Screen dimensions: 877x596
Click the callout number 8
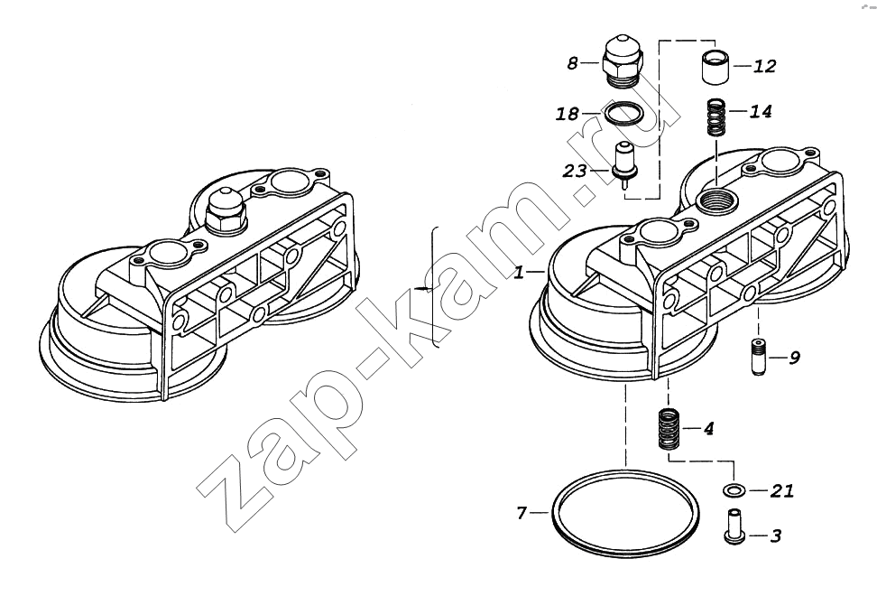(x=572, y=63)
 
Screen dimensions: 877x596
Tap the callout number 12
(x=764, y=66)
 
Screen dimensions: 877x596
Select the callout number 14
(x=761, y=111)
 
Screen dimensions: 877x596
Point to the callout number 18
(x=568, y=114)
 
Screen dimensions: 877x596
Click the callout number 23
(x=575, y=171)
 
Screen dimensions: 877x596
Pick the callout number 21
(x=782, y=490)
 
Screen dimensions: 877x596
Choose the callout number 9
(x=794, y=358)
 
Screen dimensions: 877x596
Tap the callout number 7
(x=522, y=512)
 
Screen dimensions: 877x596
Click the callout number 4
(x=708, y=429)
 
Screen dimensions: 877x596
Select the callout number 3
(x=775, y=535)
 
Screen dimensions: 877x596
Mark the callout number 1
(x=520, y=272)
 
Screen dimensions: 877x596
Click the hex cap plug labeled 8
(x=624, y=62)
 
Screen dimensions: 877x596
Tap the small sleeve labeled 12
(x=714, y=68)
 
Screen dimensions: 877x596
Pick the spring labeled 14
(x=717, y=117)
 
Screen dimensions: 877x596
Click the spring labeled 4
(x=668, y=429)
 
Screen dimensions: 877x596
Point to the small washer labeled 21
(x=734, y=490)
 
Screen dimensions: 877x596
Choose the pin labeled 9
(x=759, y=357)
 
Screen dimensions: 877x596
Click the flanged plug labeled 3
(x=734, y=526)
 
